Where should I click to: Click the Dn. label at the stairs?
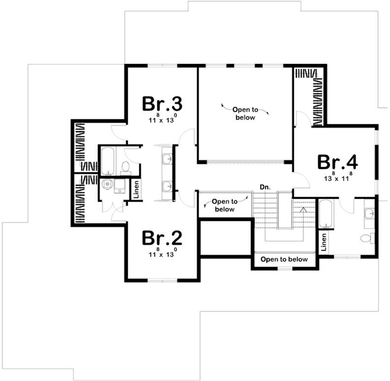pyautogui.click(x=265, y=186)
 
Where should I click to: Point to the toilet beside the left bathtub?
pyautogui.click(x=125, y=167)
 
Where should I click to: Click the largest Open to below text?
pyautogui.click(x=245, y=113)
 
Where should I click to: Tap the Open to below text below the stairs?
pyautogui.click(x=284, y=260)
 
